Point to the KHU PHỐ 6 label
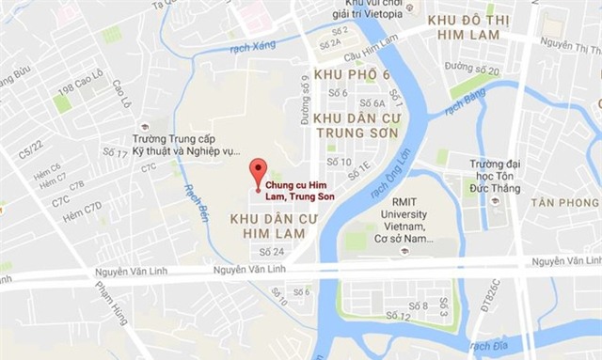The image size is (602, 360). click(x=351, y=74)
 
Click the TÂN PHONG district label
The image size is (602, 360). click(x=563, y=203)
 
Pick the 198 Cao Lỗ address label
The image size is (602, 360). click(x=80, y=88)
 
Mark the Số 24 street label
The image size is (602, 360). click(x=271, y=251)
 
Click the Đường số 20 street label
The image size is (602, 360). click(x=472, y=70)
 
